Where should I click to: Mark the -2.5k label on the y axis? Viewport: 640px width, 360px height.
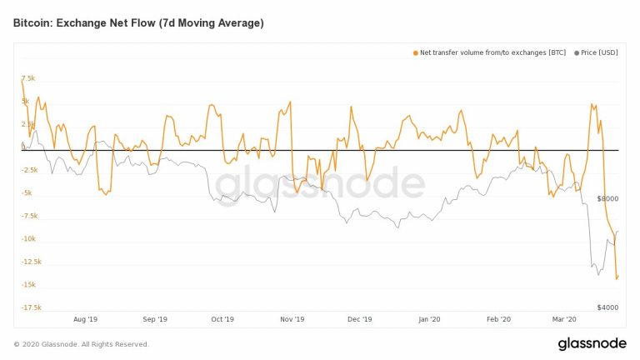(x=31, y=170)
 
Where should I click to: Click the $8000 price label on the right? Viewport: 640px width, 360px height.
(x=608, y=199)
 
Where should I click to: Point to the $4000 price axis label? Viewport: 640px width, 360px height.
(x=608, y=307)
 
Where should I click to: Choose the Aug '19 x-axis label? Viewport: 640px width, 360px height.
(x=86, y=319)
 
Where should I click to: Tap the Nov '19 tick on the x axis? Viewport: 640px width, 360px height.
(x=292, y=319)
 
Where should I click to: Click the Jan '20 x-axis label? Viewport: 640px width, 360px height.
(x=428, y=319)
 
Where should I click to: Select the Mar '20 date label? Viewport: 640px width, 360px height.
(x=565, y=319)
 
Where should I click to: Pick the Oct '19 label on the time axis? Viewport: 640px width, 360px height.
(x=222, y=319)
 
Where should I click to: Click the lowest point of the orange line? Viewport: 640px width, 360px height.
(x=617, y=279)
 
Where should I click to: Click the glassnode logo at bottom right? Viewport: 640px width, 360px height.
(x=592, y=344)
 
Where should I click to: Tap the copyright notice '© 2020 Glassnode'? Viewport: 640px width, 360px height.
(x=81, y=344)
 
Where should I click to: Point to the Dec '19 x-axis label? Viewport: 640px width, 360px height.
(x=359, y=319)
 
